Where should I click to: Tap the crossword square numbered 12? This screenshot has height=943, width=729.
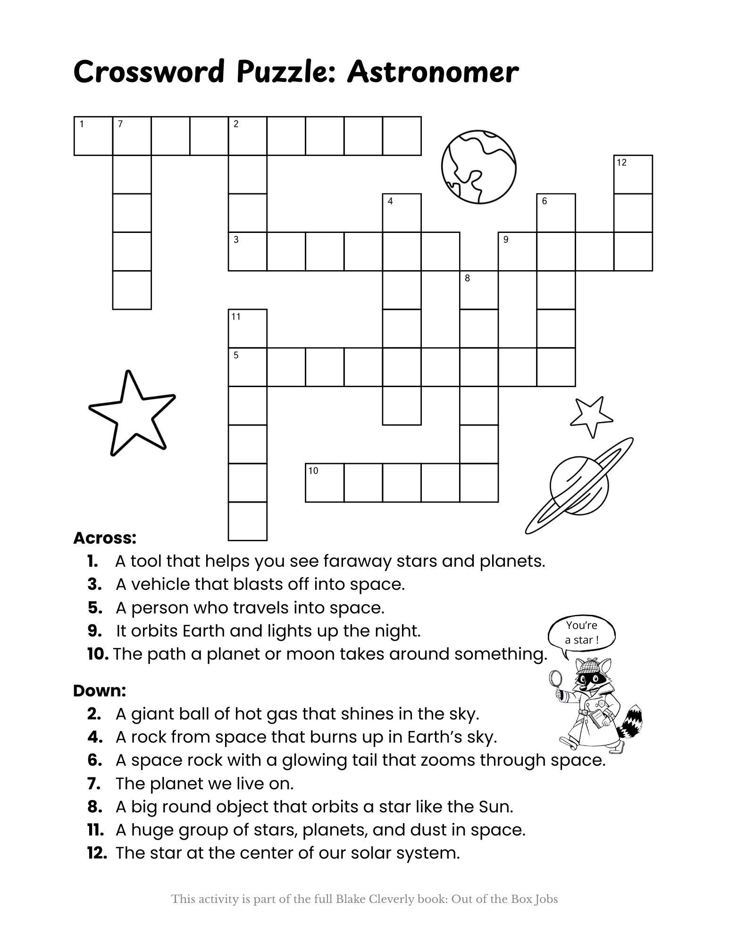[633, 174]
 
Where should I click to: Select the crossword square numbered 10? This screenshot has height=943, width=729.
[325, 482]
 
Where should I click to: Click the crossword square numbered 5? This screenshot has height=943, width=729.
[247, 367]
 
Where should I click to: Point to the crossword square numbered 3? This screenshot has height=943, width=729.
[247, 251]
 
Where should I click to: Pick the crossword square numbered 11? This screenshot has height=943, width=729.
[247, 328]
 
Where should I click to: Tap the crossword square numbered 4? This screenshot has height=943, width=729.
[402, 213]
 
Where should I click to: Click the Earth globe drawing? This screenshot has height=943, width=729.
[478, 167]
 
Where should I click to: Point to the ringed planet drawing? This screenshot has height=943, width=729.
[579, 486]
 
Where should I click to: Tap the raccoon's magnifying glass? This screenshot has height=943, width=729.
[555, 678]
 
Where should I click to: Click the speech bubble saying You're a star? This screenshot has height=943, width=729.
[581, 633]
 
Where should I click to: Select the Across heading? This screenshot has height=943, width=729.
[105, 538]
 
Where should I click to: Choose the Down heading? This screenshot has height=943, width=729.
[100, 691]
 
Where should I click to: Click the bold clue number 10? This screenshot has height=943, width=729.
[98, 654]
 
